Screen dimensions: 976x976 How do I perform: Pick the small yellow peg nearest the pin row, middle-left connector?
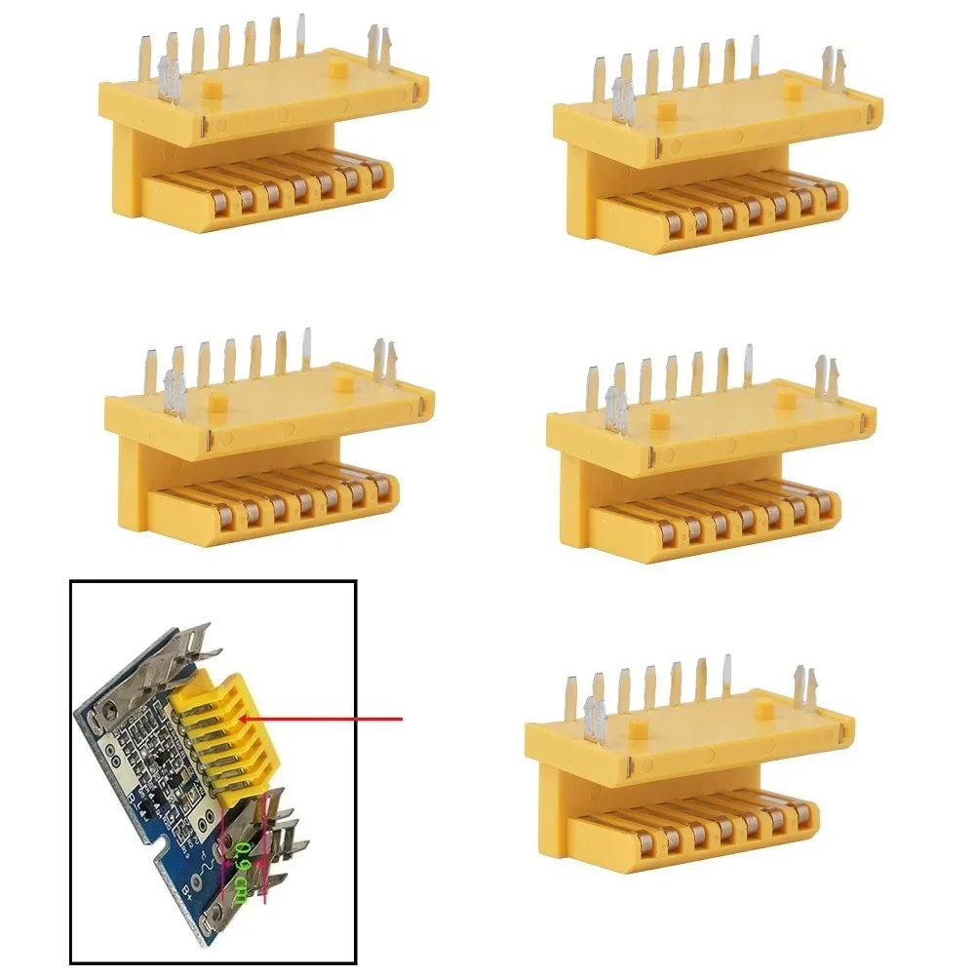pos(215,401)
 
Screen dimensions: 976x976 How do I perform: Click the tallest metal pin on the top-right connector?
pos(754,55)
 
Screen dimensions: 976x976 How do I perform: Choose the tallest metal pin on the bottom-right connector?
pos(725,672)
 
